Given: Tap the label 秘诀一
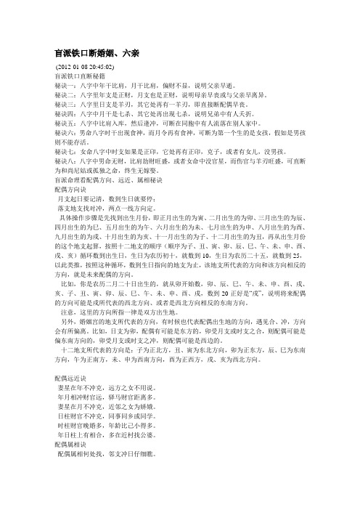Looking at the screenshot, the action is click(56, 84).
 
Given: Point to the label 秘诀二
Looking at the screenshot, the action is click(56, 94).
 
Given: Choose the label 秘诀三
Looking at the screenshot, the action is click(56, 104).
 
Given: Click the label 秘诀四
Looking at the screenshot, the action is click(56, 113).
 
